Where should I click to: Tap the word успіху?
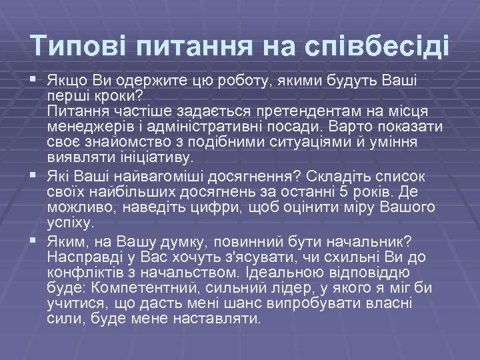71,223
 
